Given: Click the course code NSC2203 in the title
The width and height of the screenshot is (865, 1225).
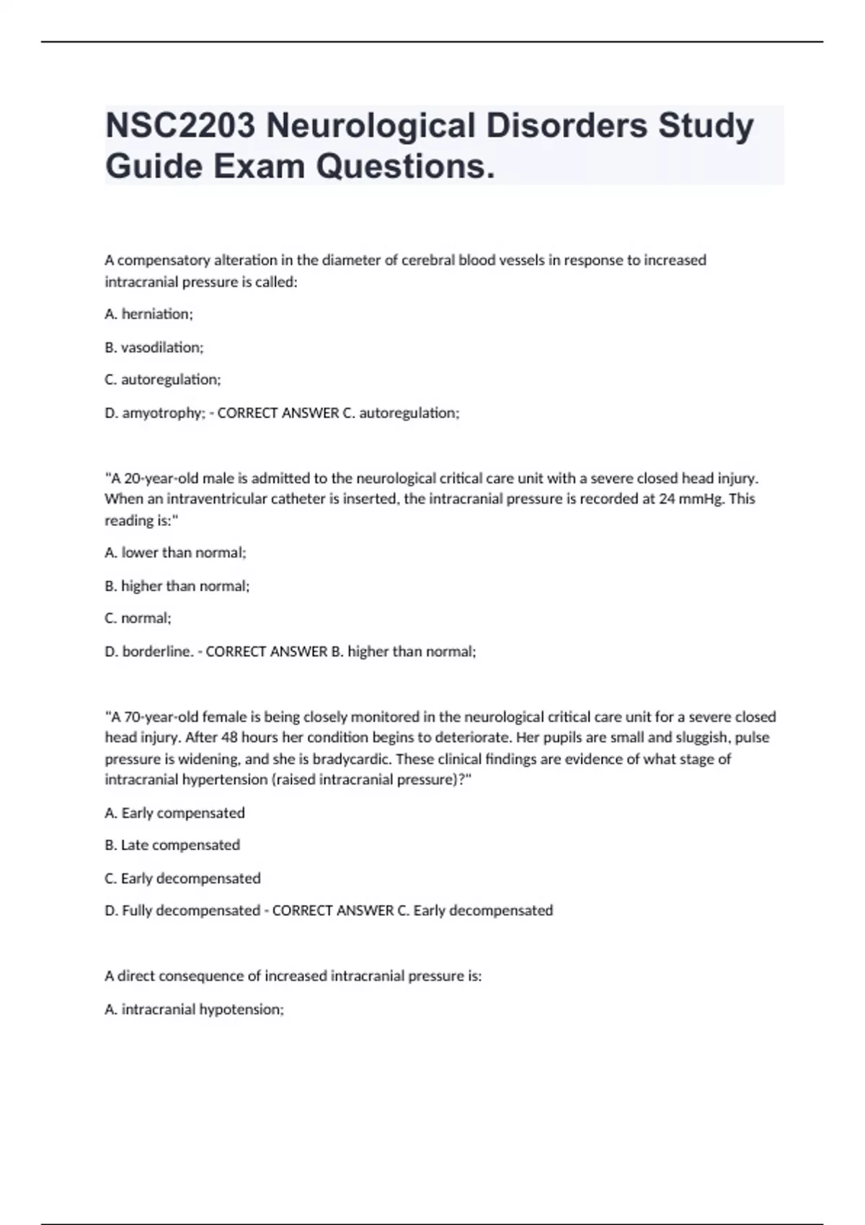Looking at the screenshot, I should click(180, 126).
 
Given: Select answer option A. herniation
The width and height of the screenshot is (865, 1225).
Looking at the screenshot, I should click(148, 314).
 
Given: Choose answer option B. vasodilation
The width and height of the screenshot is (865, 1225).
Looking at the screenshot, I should click(154, 347).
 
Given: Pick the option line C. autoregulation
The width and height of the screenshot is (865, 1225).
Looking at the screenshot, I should click(163, 380).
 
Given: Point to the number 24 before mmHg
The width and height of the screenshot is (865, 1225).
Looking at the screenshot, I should click(667, 499).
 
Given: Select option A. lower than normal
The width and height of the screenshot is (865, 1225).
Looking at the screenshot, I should click(175, 553).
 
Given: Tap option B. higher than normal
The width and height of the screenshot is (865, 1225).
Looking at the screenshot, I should click(177, 586).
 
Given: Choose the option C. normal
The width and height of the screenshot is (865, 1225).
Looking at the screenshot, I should click(138, 618).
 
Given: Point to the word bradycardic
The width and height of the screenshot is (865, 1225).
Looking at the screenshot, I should click(352, 759).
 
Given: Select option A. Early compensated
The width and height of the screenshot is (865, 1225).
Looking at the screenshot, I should click(174, 813).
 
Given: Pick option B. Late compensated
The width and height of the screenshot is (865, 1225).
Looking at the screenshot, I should click(172, 845).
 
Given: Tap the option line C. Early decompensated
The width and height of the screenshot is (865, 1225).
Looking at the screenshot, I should click(182, 878).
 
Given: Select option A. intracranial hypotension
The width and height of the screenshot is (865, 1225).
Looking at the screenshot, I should click(195, 1010).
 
